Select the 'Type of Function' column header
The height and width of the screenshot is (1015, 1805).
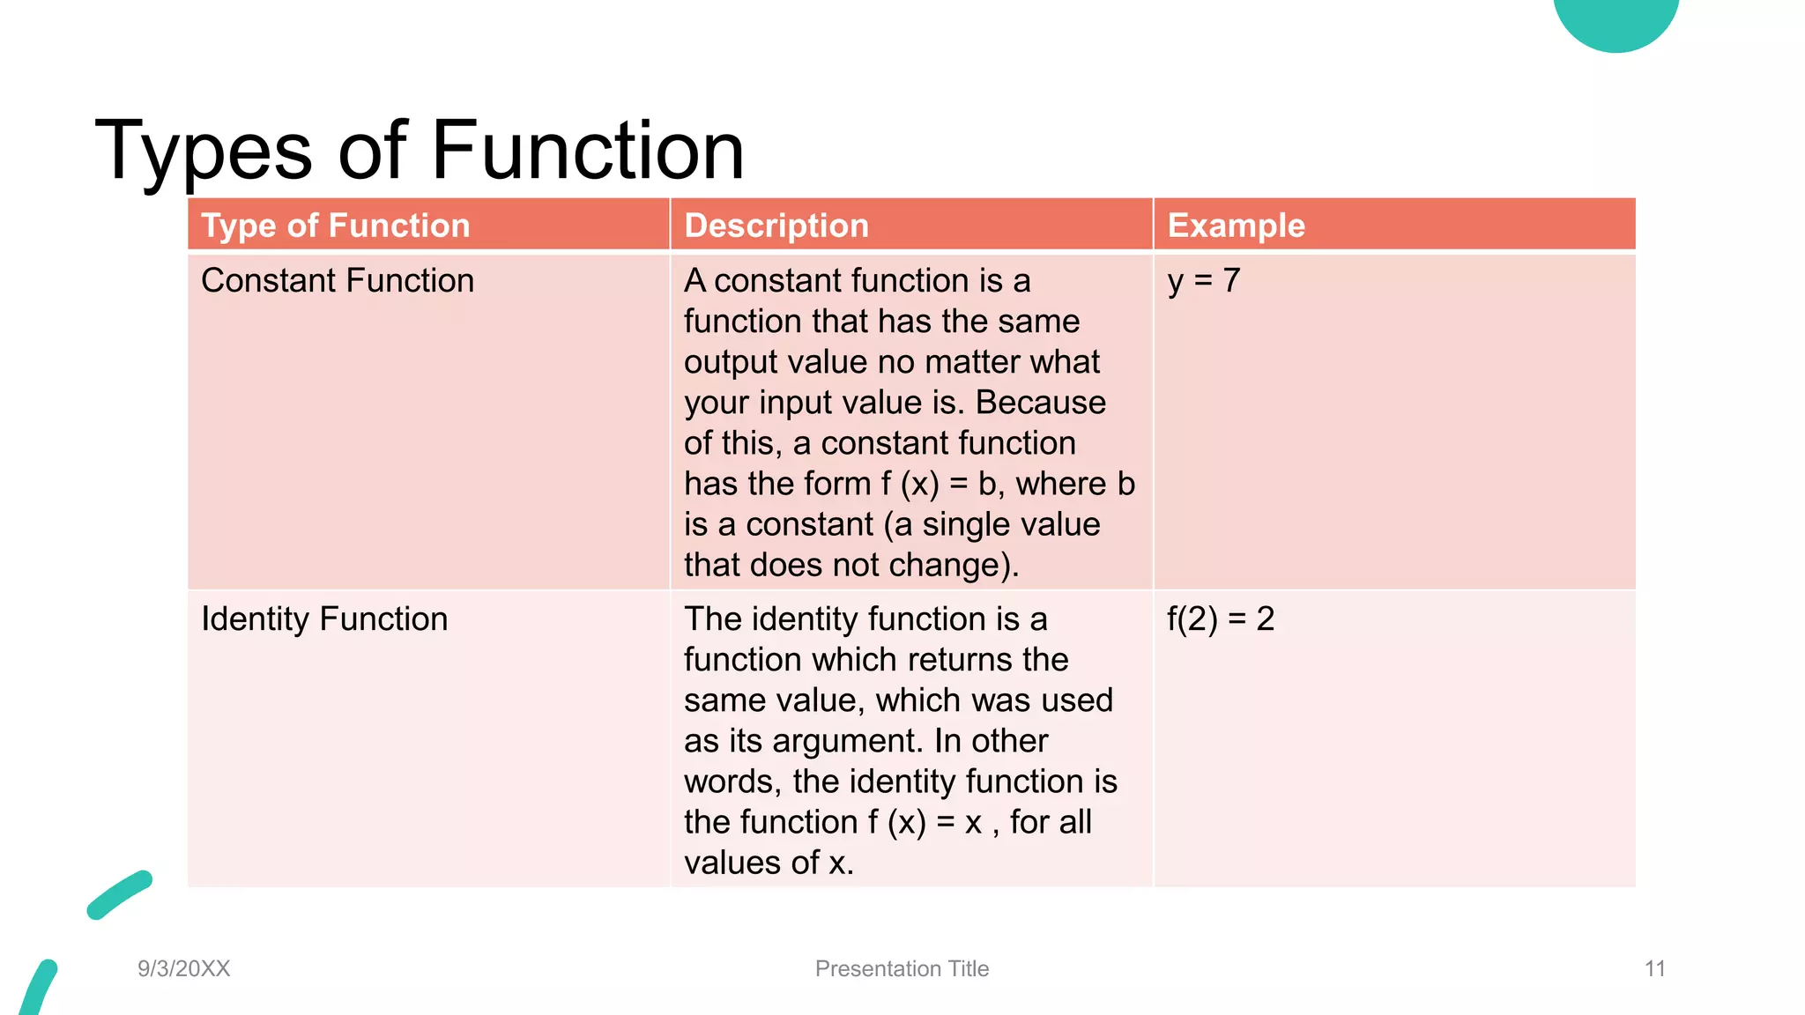point(336,226)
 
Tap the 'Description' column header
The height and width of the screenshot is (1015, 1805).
point(776,226)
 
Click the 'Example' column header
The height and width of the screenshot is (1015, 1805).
point(1236,226)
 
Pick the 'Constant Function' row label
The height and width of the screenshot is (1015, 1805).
point(338,281)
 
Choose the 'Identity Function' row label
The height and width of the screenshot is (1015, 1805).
point(324,619)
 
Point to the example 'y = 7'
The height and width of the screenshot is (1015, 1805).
point(1204,281)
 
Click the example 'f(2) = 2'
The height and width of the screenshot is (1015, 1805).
point(1221,619)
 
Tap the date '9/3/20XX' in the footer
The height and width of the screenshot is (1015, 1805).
point(183,968)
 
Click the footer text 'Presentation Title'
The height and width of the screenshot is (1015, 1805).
point(902,968)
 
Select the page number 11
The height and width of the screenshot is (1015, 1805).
point(1654,968)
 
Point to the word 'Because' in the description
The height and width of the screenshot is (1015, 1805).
point(1040,403)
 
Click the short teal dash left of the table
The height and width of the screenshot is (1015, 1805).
point(120,895)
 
